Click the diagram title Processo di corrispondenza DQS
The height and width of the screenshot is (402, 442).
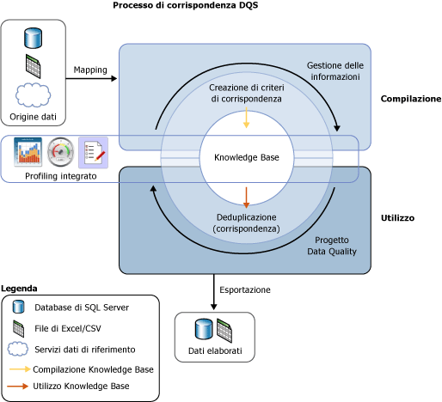(x=186, y=5)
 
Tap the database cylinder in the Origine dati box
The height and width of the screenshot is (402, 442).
(x=34, y=38)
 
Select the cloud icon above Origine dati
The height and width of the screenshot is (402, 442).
(x=33, y=95)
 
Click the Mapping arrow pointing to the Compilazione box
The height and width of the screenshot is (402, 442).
(x=91, y=78)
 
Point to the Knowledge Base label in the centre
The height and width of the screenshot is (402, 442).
(x=247, y=157)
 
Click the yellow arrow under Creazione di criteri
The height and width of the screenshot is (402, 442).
(x=246, y=118)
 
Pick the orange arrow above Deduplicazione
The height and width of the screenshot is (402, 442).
(x=246, y=198)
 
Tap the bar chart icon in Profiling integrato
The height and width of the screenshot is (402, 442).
(x=28, y=152)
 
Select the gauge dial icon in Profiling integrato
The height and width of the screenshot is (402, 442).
(x=60, y=152)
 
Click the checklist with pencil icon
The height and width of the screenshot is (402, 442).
(x=94, y=152)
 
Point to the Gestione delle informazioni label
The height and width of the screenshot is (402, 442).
(x=335, y=71)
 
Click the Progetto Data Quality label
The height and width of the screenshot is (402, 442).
(x=332, y=246)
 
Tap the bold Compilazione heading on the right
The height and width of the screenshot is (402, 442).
(x=411, y=99)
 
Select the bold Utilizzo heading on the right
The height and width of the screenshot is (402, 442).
(x=397, y=218)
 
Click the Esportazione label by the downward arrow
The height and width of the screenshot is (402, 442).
(x=245, y=289)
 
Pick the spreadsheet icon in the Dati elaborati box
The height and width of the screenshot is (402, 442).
(x=224, y=331)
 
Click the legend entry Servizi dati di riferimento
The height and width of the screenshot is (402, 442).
(x=85, y=350)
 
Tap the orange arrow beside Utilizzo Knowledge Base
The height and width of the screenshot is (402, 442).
(x=18, y=387)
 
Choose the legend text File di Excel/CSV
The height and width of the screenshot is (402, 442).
(x=68, y=328)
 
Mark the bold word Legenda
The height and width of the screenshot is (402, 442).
(x=19, y=289)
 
